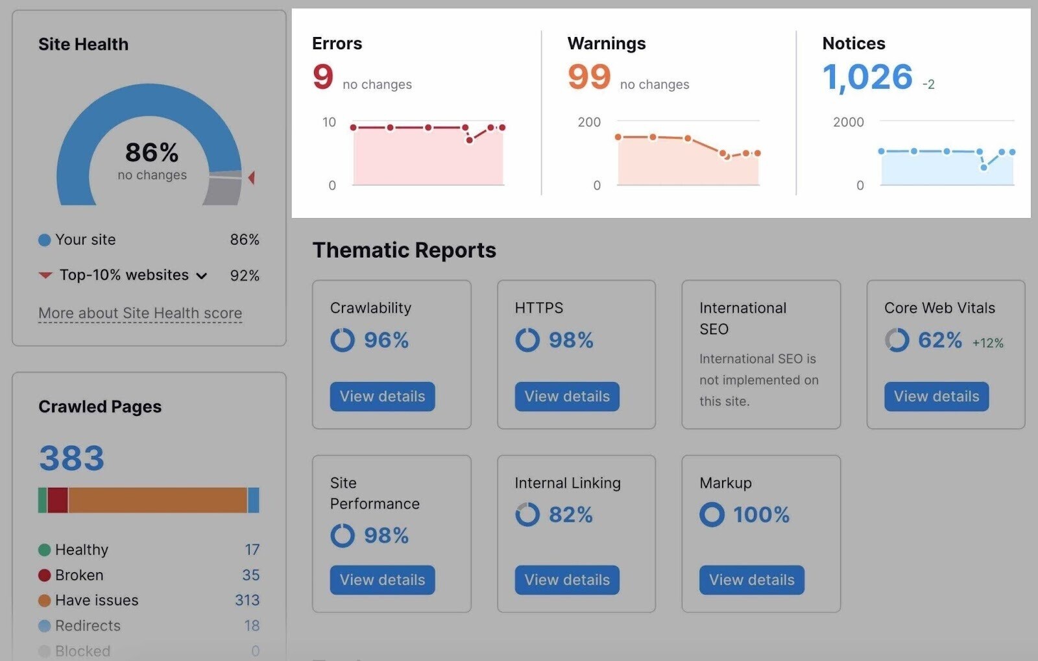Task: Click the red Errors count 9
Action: [x=322, y=77]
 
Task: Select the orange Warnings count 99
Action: [x=589, y=77]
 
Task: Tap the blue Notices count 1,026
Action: [x=867, y=77]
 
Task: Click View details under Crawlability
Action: [x=382, y=396]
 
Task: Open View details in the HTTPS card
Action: [x=567, y=396]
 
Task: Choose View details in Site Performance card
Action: [x=382, y=580]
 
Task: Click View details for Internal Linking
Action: [x=567, y=580]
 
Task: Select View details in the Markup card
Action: [x=751, y=580]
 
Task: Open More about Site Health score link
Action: [x=140, y=313]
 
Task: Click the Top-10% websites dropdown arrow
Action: [x=202, y=276]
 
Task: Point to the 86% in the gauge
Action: [x=152, y=153]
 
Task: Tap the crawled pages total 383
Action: [x=71, y=459]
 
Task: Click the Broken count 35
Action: [x=250, y=575]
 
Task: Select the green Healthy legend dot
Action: [x=44, y=550]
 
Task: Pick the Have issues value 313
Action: [x=247, y=601]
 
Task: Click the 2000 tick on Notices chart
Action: [x=848, y=122]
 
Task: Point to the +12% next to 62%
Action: [x=987, y=343]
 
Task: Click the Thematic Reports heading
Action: [x=404, y=250]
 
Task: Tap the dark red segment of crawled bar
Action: [x=58, y=500]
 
